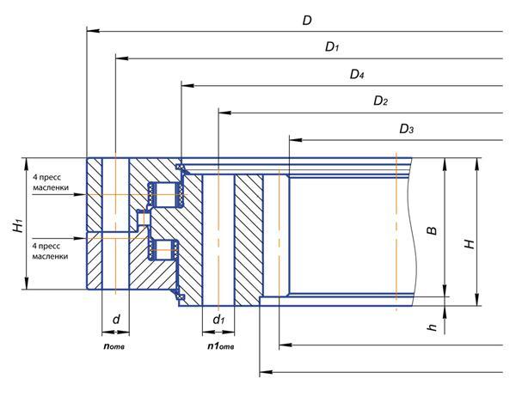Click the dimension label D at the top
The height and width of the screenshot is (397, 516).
point(307,20)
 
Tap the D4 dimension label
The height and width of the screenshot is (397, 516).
point(357,75)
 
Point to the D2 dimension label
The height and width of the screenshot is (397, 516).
point(380,101)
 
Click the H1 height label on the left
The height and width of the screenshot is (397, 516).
point(17,226)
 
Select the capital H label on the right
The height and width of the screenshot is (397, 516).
point(469,243)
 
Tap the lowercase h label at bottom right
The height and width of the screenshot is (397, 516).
point(433,326)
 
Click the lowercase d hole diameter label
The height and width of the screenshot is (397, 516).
point(114,320)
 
